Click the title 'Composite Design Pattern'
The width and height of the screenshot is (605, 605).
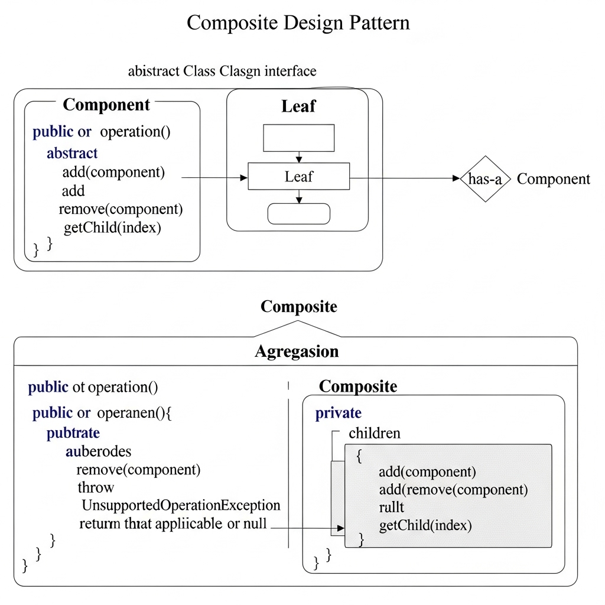pyautogui.click(x=298, y=23)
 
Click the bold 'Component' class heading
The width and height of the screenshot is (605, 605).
pyautogui.click(x=106, y=105)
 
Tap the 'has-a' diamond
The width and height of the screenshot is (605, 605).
pyautogui.click(x=484, y=179)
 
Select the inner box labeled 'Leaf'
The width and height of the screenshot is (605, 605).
pyautogui.click(x=298, y=177)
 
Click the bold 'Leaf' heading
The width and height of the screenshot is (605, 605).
pyautogui.click(x=298, y=107)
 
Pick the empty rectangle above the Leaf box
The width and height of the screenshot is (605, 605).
pyautogui.click(x=298, y=138)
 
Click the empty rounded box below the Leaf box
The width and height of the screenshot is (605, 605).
pyautogui.click(x=298, y=214)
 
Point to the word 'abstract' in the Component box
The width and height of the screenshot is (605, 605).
pyautogui.click(x=72, y=154)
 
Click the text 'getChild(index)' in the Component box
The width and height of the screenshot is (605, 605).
pyautogui.click(x=112, y=227)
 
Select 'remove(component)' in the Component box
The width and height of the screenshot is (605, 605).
pyautogui.click(x=121, y=209)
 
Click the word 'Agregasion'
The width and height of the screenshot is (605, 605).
pyautogui.click(x=297, y=352)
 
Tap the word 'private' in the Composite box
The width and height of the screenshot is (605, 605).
pyautogui.click(x=338, y=413)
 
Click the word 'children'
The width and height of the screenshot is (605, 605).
pyautogui.click(x=374, y=433)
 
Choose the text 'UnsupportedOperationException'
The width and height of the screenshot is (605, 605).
pyautogui.click(x=180, y=505)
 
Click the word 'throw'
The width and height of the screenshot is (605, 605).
pyautogui.click(x=96, y=487)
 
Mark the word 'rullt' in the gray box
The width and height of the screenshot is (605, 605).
pyautogui.click(x=391, y=508)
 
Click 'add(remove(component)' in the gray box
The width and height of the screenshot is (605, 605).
pyautogui.click(x=453, y=490)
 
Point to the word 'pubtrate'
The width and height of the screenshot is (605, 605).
pyautogui.click(x=73, y=433)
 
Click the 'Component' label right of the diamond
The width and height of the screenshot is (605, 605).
pyautogui.click(x=553, y=179)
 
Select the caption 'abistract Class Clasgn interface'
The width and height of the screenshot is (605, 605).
pyautogui.click(x=222, y=71)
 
